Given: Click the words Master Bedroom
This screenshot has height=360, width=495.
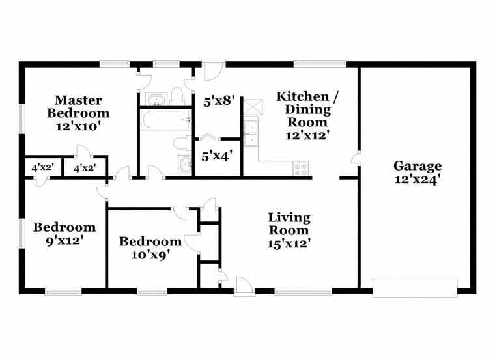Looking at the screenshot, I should pos(78,106).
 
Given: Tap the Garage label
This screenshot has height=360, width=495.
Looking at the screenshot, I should pos(417,166).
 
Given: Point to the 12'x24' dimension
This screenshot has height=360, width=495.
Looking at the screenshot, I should pos(417,179).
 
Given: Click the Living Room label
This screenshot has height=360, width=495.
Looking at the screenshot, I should pos(289,223).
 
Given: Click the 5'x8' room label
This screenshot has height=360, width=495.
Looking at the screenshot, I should pos(218,102).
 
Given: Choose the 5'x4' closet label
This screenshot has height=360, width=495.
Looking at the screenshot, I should pos(218,156).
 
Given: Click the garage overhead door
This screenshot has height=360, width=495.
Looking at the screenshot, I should pos(415,286).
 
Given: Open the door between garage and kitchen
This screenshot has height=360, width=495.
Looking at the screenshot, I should pos(354,159).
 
